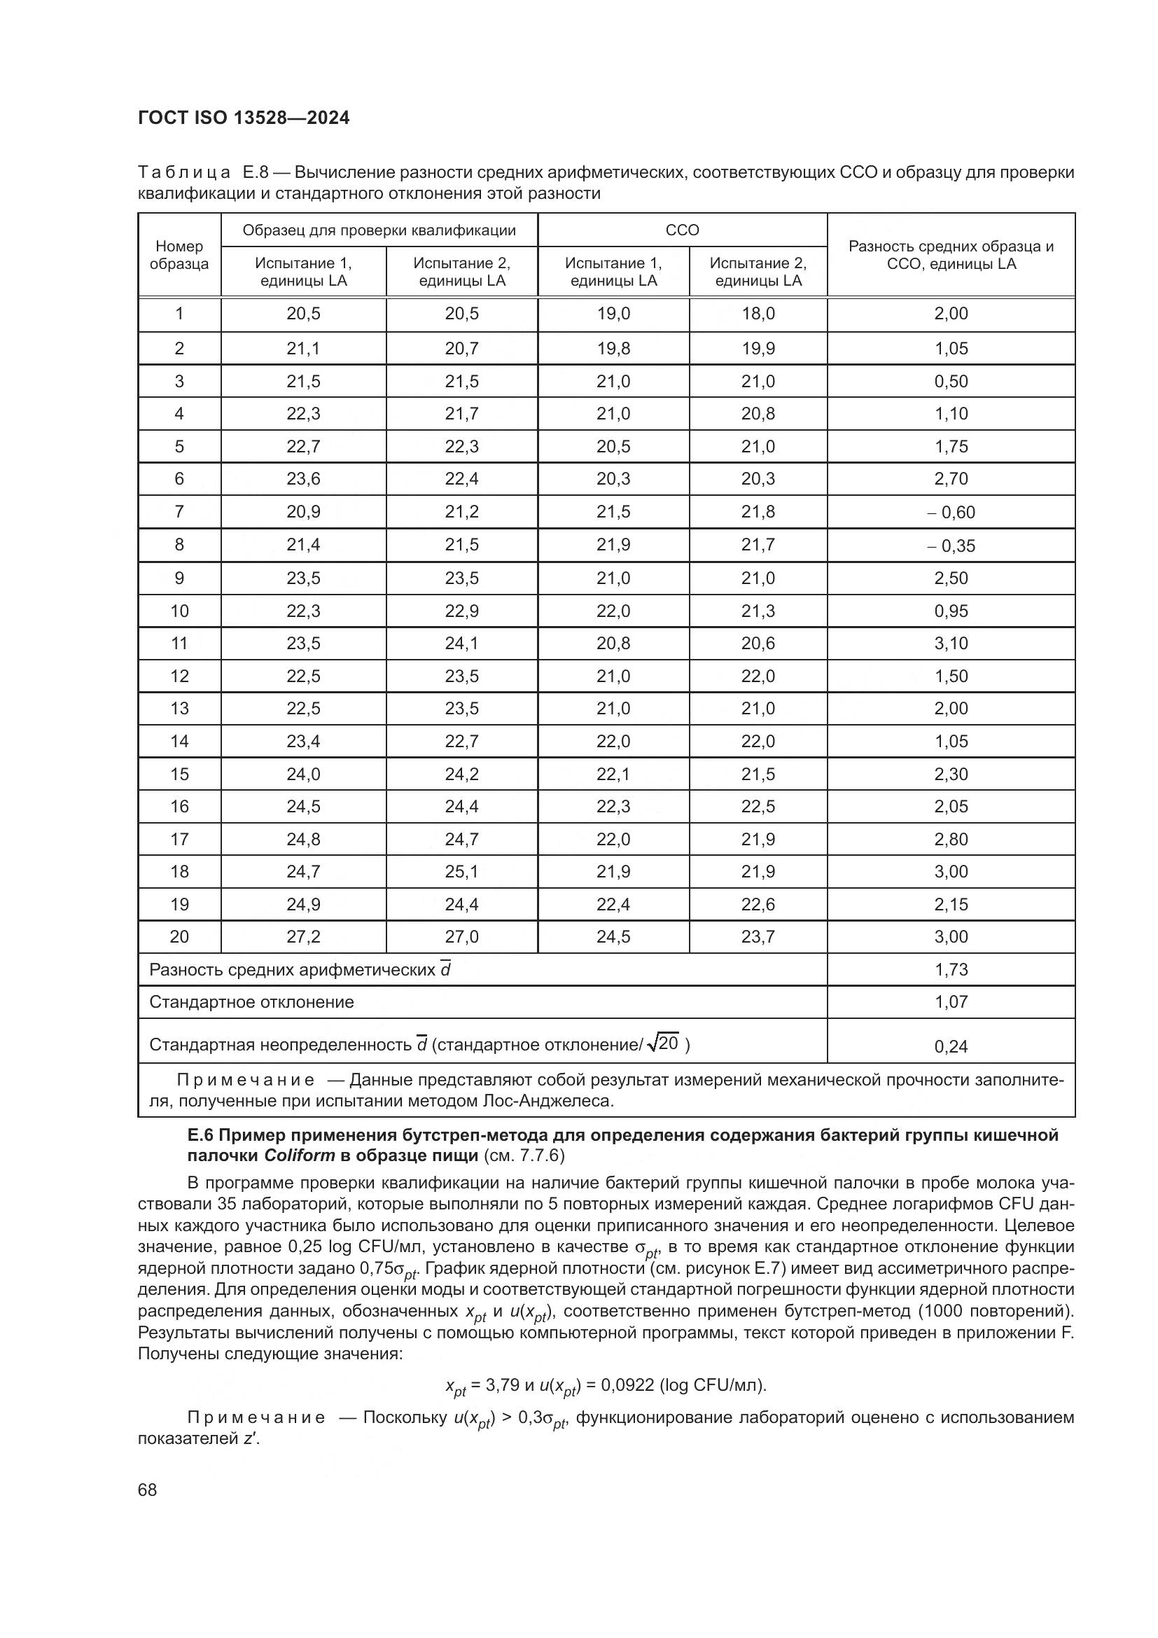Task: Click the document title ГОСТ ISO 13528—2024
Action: [x=244, y=118]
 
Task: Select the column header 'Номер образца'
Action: [x=179, y=255]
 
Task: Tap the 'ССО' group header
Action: [x=682, y=230]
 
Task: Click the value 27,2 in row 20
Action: [x=303, y=937]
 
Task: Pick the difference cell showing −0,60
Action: [x=951, y=512]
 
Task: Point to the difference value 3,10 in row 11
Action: [x=951, y=644]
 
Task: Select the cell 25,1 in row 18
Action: [x=461, y=871]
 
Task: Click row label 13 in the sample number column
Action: [x=179, y=709]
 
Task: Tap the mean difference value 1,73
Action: [x=951, y=969]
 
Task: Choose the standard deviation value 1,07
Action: [x=951, y=1001]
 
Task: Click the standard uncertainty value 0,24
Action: [x=951, y=1046]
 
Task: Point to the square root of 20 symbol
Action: [x=662, y=1043]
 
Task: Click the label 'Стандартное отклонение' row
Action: [x=251, y=1001]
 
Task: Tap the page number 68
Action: [x=148, y=1490]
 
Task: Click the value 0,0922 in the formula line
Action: [x=627, y=1385]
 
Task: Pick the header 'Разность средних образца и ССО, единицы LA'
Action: [x=951, y=255]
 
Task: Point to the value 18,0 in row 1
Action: [x=758, y=314]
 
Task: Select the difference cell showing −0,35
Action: [x=951, y=546]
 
